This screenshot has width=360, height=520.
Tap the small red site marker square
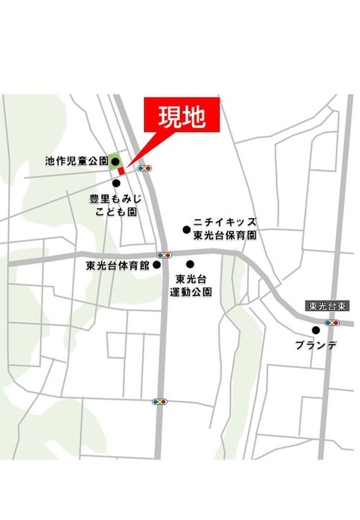pyautogui.click(x=122, y=171)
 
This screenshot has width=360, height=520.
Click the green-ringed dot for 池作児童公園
pyautogui.click(x=114, y=162)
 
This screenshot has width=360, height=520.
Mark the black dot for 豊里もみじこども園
pyautogui.click(x=116, y=183)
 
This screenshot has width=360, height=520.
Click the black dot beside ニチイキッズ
pyautogui.click(x=186, y=230)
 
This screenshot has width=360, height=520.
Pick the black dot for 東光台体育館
pyautogui.click(x=156, y=265)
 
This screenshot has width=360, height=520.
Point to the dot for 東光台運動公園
pyautogui.click(x=190, y=264)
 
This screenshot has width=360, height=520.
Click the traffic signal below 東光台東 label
pyautogui.click(x=332, y=323)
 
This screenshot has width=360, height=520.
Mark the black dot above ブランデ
pyautogui.click(x=315, y=331)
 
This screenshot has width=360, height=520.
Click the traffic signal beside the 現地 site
pyautogui.click(x=146, y=168)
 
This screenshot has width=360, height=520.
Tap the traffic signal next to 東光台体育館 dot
pyautogui.click(x=164, y=255)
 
